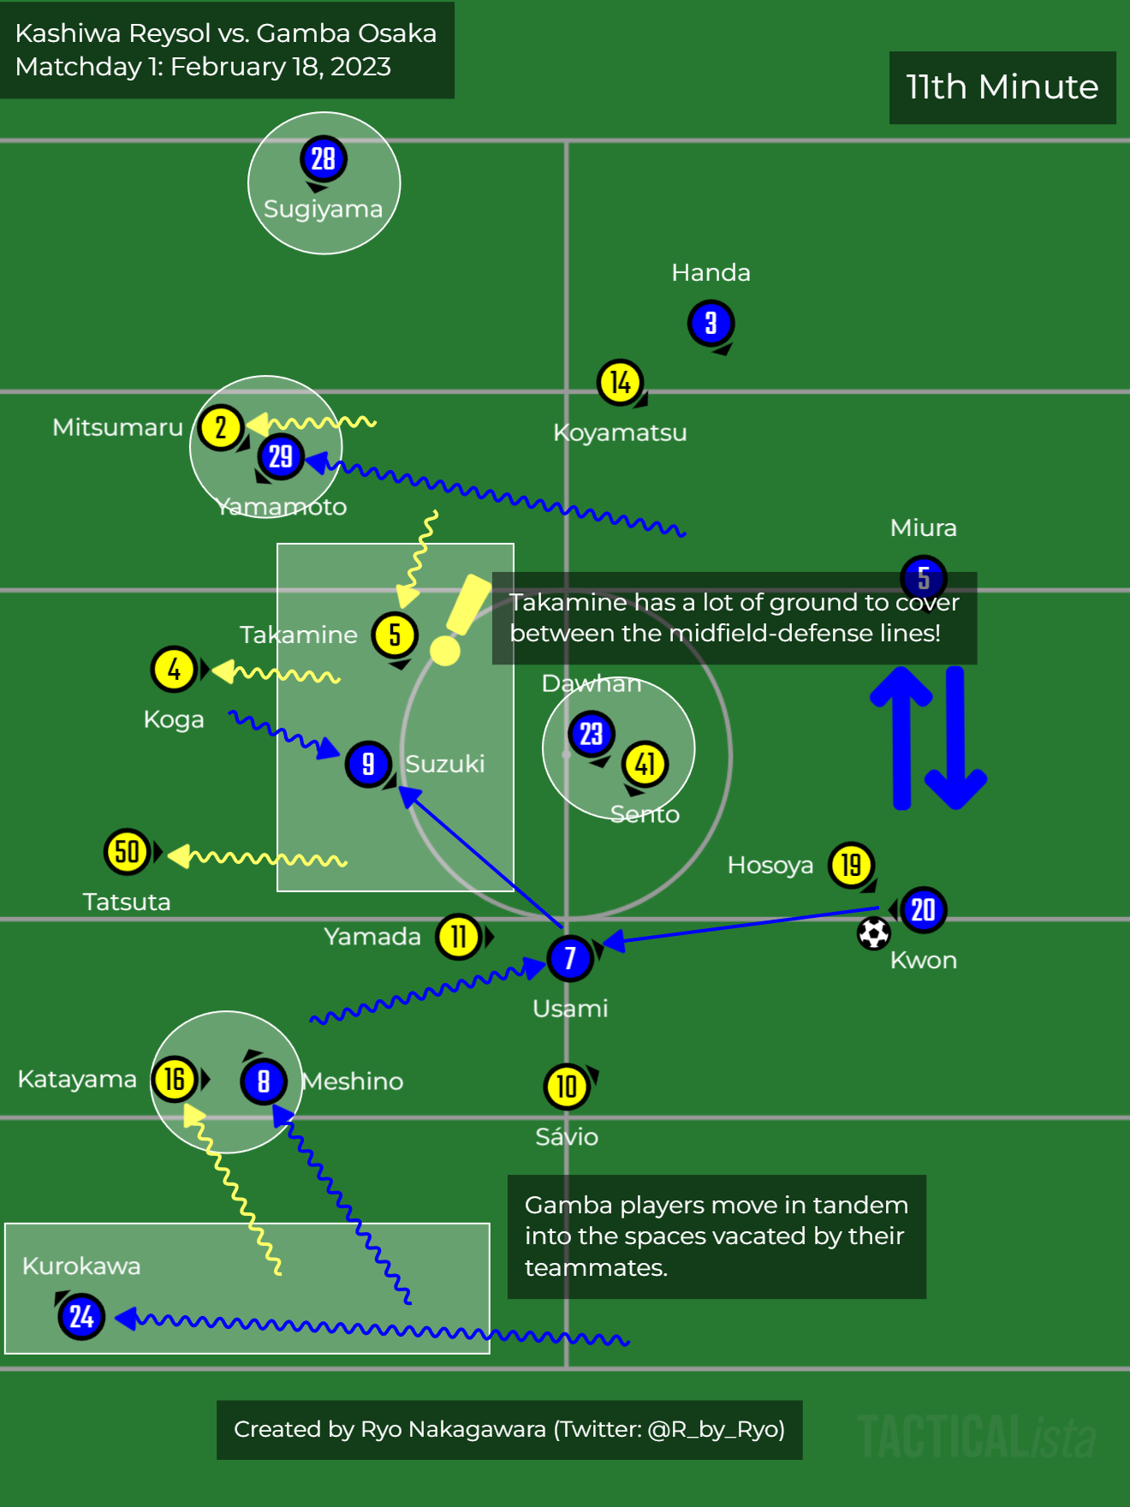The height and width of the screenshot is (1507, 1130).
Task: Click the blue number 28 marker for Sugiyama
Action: coord(323,158)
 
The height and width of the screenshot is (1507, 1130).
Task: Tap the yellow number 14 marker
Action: coord(620,382)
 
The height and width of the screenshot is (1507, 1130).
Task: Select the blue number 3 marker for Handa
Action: coord(711,323)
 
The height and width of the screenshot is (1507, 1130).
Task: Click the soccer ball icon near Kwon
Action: coord(873,933)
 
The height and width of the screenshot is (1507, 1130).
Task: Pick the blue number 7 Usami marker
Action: coord(570,957)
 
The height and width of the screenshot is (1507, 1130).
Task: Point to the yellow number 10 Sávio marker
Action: coord(567,1087)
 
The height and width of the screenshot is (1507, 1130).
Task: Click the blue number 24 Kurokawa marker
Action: coord(81,1316)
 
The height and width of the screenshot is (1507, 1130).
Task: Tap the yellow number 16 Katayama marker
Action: coord(175,1080)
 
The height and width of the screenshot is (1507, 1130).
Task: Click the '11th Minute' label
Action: coord(1002,87)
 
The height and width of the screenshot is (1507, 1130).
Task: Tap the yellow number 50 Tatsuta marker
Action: coord(127,852)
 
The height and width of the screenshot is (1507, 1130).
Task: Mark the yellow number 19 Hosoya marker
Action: coord(851,865)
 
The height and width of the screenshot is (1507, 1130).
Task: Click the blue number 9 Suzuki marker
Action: coord(368,764)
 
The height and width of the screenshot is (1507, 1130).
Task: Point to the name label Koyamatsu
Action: coord(620,432)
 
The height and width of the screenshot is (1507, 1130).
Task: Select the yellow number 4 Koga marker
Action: coord(174,670)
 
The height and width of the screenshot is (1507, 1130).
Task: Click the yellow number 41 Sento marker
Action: coord(645,764)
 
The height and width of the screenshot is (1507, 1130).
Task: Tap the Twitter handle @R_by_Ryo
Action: coord(715,1429)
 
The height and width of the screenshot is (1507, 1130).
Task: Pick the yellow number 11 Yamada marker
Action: coord(459,937)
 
